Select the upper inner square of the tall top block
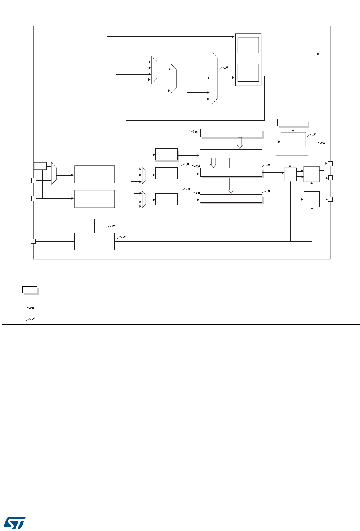[x=248, y=45]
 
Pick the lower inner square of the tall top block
[x=248, y=72]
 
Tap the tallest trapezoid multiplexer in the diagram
[x=214, y=78]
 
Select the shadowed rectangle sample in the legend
[x=29, y=289]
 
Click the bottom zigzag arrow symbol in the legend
[x=29, y=319]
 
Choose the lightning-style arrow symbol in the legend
[x=29, y=308]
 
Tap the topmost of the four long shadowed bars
[x=231, y=133]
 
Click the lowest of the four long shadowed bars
[x=231, y=199]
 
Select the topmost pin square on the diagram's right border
[x=330, y=163]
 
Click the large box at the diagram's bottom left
[x=94, y=242]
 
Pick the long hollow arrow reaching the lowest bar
[x=231, y=176]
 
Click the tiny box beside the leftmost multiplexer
[x=40, y=166]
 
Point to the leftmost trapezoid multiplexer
[x=54, y=174]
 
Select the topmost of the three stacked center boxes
[x=166, y=154]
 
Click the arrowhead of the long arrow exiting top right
[x=319, y=53]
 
